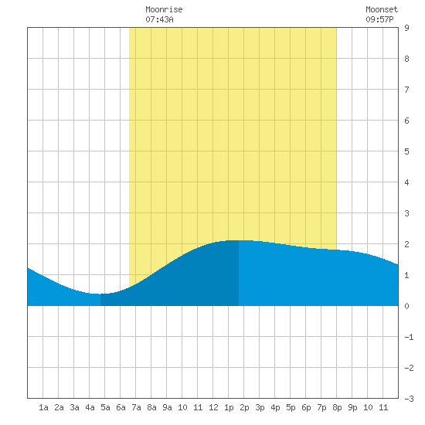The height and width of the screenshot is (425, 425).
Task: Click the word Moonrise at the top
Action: click(x=164, y=10)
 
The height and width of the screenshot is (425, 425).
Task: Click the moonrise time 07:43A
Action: click(x=159, y=19)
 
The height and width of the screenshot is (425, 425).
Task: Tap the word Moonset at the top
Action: click(x=382, y=10)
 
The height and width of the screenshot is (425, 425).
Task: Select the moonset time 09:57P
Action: click(x=379, y=19)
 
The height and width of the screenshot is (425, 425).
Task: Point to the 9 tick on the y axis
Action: click(x=406, y=28)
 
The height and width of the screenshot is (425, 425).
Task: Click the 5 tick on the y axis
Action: click(x=406, y=151)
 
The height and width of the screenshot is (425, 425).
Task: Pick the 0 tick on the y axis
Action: click(x=406, y=306)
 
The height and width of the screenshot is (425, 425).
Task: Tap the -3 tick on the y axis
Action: click(x=409, y=399)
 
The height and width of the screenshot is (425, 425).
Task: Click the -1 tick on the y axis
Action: click(x=409, y=337)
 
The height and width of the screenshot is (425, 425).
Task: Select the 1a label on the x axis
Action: click(x=43, y=407)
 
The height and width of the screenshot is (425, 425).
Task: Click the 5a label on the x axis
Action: click(x=105, y=407)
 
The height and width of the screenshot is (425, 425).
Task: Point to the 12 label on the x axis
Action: click(x=213, y=407)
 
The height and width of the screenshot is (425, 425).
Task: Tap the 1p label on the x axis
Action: click(x=229, y=407)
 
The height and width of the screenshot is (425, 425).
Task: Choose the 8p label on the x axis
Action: click(x=337, y=407)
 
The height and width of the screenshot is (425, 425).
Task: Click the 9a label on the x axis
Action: click(x=167, y=407)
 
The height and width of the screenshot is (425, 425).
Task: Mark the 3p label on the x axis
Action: click(x=260, y=407)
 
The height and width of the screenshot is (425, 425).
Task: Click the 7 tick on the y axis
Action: click(x=406, y=90)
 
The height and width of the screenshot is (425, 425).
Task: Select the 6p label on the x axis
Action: click(x=306, y=407)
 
